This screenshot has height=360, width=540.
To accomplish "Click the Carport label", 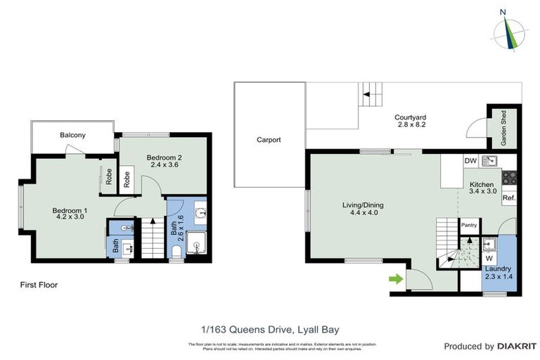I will (x=269, y=140).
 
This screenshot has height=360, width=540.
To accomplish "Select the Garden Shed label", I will (x=503, y=128).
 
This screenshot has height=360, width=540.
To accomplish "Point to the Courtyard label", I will (x=411, y=117).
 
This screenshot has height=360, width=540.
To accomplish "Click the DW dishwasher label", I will (x=470, y=161).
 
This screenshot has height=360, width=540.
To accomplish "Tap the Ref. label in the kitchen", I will (x=509, y=199).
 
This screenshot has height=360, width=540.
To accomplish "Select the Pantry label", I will (x=469, y=225).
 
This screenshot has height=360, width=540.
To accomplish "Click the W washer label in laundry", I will (x=489, y=258).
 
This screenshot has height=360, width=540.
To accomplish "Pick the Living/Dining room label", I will (x=363, y=205).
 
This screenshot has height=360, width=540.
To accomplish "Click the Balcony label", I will (x=72, y=134).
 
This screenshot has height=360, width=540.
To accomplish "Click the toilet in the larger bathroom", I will (x=176, y=251).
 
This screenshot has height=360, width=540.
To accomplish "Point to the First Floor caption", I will (x=39, y=285).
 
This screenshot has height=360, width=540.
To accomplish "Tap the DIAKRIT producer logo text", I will (x=507, y=346).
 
